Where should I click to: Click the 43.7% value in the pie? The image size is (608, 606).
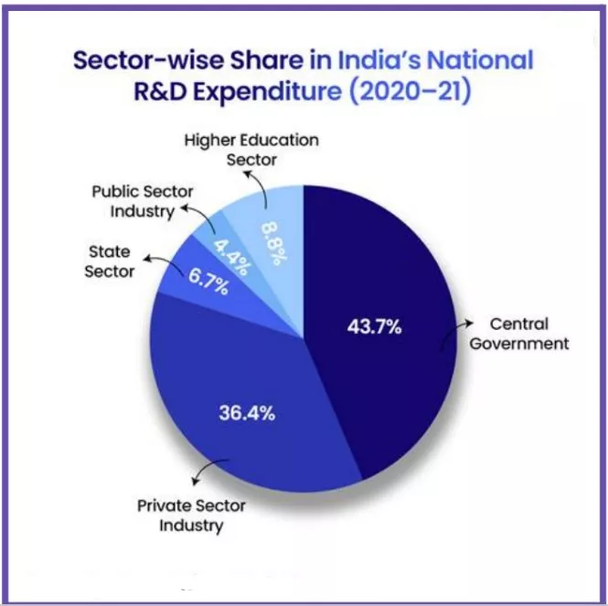[376, 326]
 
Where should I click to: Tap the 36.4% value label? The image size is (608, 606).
[247, 411]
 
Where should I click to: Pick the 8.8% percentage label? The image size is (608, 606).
[271, 240]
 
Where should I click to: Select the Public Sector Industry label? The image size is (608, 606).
[133, 203]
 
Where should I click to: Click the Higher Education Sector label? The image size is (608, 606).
[251, 150]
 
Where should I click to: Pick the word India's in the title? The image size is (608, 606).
[377, 62]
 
